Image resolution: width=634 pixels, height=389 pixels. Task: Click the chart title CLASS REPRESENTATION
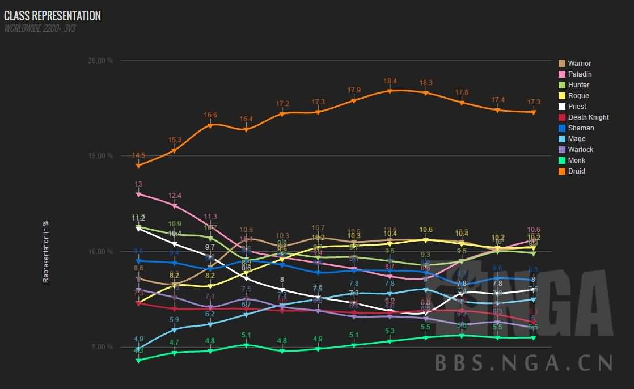52,16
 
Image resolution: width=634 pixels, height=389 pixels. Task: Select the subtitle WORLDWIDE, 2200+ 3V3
40,28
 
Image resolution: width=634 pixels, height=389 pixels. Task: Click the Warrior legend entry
579,64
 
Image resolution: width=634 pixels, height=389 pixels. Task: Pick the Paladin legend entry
580,74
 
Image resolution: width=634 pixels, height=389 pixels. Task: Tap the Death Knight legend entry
588,117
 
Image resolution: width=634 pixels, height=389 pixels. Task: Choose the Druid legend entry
576,171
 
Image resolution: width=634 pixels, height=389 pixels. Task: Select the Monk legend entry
576,160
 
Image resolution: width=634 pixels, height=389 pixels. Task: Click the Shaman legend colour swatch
562,128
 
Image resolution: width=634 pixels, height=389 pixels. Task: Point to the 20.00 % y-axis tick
102,61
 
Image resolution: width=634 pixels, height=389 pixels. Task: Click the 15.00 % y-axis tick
102,156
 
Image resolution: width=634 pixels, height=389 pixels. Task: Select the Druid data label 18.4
390,81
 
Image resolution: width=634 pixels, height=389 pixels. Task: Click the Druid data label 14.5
138,155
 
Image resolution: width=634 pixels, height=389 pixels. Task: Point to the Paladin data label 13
138,184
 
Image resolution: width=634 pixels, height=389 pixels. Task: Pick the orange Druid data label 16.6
210,115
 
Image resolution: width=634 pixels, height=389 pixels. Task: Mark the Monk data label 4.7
174,343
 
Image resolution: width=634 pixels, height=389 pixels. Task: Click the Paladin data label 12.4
174,196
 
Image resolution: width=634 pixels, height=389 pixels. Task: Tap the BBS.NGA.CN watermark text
524,362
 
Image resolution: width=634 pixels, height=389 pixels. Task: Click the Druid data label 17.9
354,90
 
